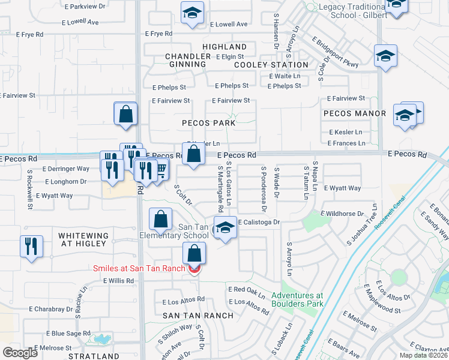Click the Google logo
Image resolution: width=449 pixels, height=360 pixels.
point(20,353)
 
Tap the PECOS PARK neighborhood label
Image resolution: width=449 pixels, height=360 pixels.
point(209,122)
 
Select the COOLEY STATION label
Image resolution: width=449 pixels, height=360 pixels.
point(271,65)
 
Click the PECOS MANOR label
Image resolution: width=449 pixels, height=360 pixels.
point(354,113)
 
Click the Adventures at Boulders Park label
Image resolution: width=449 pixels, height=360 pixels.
point(297,299)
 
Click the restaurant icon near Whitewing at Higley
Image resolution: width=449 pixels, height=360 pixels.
point(31,246)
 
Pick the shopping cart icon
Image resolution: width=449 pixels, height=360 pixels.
point(161,172)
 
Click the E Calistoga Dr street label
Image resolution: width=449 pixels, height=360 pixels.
point(259,223)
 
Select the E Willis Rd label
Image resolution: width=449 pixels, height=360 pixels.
point(118,280)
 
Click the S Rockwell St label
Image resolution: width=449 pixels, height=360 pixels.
point(29,189)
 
